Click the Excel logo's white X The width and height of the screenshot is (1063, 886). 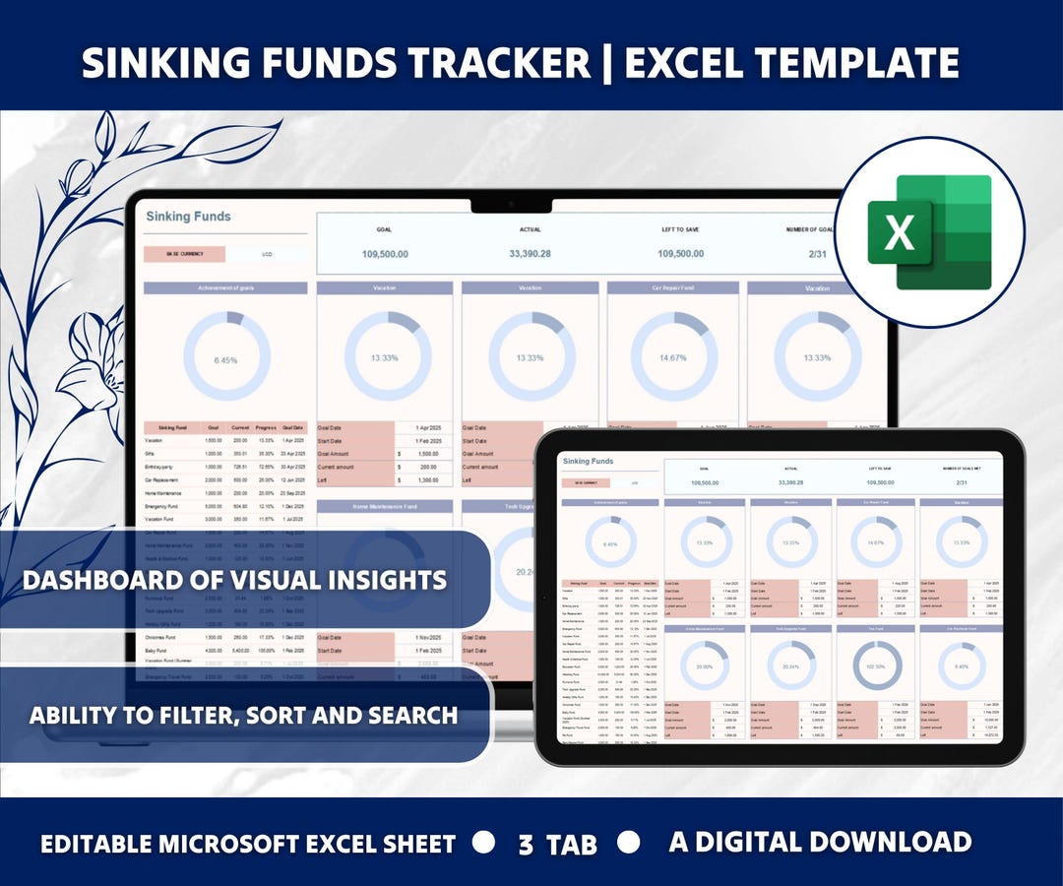(900, 232)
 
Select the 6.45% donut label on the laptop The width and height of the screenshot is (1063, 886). (225, 360)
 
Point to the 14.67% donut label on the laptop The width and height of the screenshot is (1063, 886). (674, 357)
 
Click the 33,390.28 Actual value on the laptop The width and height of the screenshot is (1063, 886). (530, 254)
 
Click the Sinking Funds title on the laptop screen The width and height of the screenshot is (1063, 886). (188, 217)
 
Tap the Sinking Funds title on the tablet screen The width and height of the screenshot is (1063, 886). (588, 461)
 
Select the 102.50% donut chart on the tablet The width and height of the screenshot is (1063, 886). (876, 665)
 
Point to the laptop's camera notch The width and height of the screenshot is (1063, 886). (511, 205)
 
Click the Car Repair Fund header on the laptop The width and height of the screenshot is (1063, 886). (674, 288)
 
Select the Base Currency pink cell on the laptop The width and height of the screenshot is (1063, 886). (184, 254)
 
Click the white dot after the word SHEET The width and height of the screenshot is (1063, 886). (483, 843)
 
